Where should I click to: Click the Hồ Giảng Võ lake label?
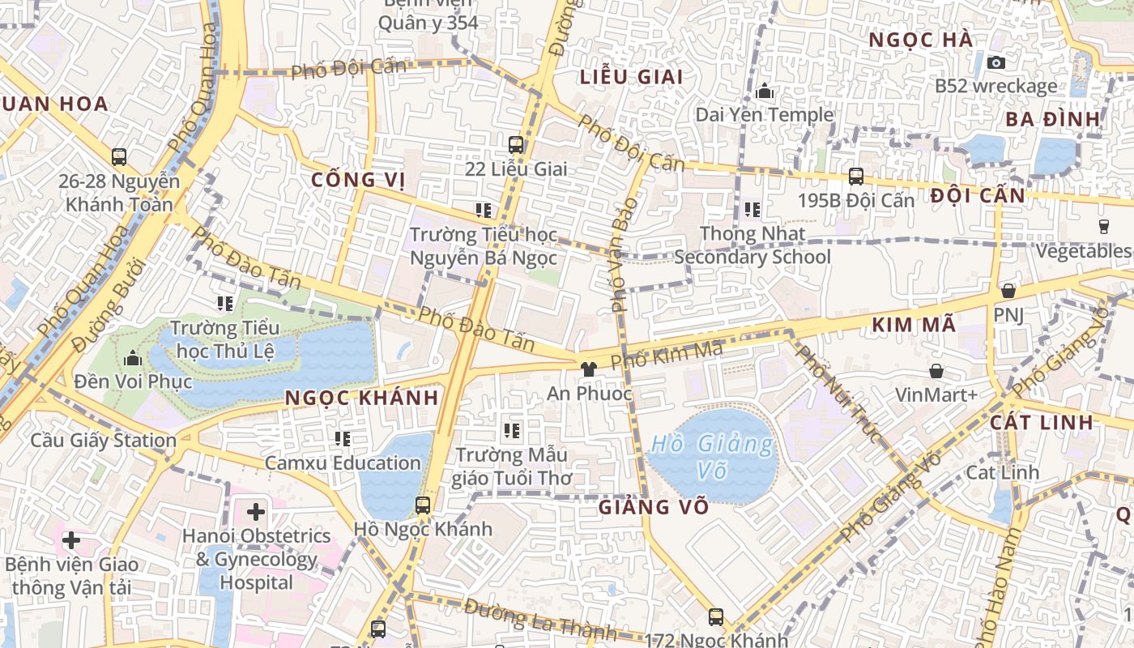coord(712,457)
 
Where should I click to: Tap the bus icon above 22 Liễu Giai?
coord(516,145)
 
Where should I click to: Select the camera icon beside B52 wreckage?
coord(996,62)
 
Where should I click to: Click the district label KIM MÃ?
coord(914,326)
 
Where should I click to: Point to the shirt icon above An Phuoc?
coord(589,369)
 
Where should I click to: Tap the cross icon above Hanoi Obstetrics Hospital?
coord(256,512)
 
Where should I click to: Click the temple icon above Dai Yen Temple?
coord(764,92)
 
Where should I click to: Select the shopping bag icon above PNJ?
coord(1008,290)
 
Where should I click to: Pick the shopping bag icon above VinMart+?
coord(936,371)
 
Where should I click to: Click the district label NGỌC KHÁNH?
coord(361,398)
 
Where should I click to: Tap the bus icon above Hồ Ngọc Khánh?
coord(423,505)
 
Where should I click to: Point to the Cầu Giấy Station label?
coord(103,441)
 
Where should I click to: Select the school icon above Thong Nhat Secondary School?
coord(752,210)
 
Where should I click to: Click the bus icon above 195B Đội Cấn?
coord(855,176)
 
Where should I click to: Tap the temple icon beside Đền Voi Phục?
coord(133,358)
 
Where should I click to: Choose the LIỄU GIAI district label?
coord(632,78)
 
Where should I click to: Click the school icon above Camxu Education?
coord(343,439)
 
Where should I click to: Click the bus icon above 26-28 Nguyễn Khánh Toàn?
coord(119,156)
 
